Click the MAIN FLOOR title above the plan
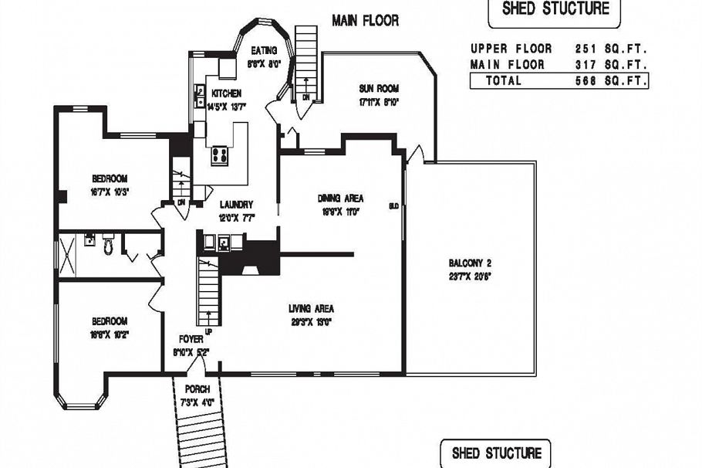tap(365, 20)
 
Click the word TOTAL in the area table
tap(502, 80)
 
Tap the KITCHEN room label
tap(226, 93)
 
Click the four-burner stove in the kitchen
tap(219, 154)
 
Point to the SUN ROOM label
tap(378, 87)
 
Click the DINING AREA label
tap(340, 198)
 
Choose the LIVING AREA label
tap(311, 308)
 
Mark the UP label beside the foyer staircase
tap(208, 332)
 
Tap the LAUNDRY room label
tap(236, 205)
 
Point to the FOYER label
tap(191, 338)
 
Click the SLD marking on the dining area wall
tap(393, 206)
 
